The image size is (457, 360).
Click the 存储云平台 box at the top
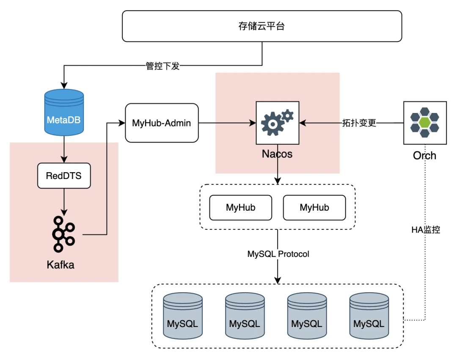(x=262, y=26)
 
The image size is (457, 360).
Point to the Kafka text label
(x=61, y=265)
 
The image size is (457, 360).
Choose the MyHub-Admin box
(x=162, y=123)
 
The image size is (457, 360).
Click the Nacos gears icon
(x=277, y=122)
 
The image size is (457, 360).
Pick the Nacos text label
(x=277, y=154)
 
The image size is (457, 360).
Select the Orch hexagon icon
(x=424, y=123)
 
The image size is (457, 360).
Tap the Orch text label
(x=424, y=156)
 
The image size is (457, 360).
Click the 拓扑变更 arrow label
(x=359, y=123)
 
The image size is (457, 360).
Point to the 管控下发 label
(x=163, y=66)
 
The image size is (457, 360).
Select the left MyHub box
(x=241, y=207)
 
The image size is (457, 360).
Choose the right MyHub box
(x=314, y=207)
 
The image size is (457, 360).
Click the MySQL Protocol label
(x=278, y=254)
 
